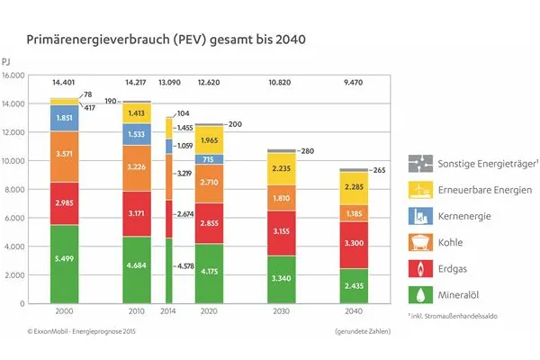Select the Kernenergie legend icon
pyautogui.click(x=418, y=216)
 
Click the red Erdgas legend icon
pyautogui.click(x=418, y=267)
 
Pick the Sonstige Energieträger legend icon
pyautogui.click(x=418, y=164)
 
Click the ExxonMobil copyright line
pyautogui.click(x=75, y=333)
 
